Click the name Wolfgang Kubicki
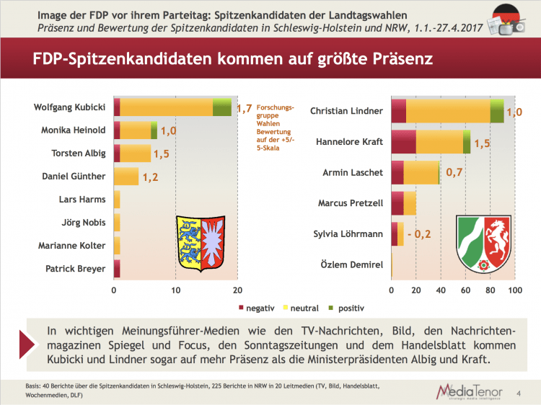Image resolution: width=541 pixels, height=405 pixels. click(70, 107)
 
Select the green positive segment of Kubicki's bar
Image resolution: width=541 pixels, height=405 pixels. click(221, 107)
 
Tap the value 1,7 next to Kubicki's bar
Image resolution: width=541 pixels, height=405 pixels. click(244, 109)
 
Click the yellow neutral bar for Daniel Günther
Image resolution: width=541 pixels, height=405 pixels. click(126, 176)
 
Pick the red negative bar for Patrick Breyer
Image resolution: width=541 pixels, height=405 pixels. click(117, 268)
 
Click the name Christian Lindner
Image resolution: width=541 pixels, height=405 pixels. click(346, 111)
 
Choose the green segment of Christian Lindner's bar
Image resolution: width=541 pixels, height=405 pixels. click(497, 111)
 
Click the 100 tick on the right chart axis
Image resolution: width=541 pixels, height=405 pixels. click(514, 290)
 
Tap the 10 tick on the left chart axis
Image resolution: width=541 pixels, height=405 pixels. click(176, 290)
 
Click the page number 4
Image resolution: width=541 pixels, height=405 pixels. click(520, 393)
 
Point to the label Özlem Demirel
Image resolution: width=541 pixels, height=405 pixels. click(351, 265)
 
